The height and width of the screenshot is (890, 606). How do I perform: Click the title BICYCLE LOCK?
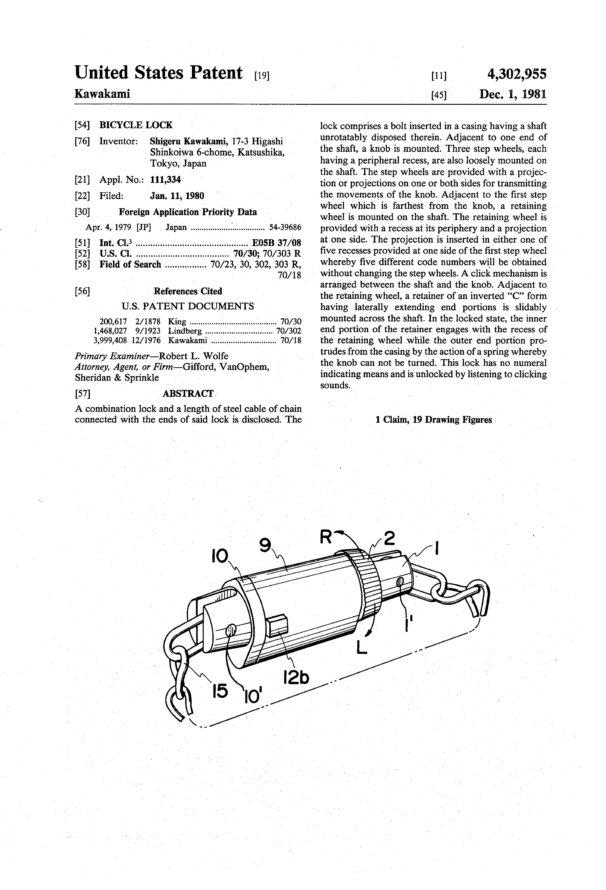[136, 125]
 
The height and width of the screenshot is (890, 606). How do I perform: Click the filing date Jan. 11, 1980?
[177, 196]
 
